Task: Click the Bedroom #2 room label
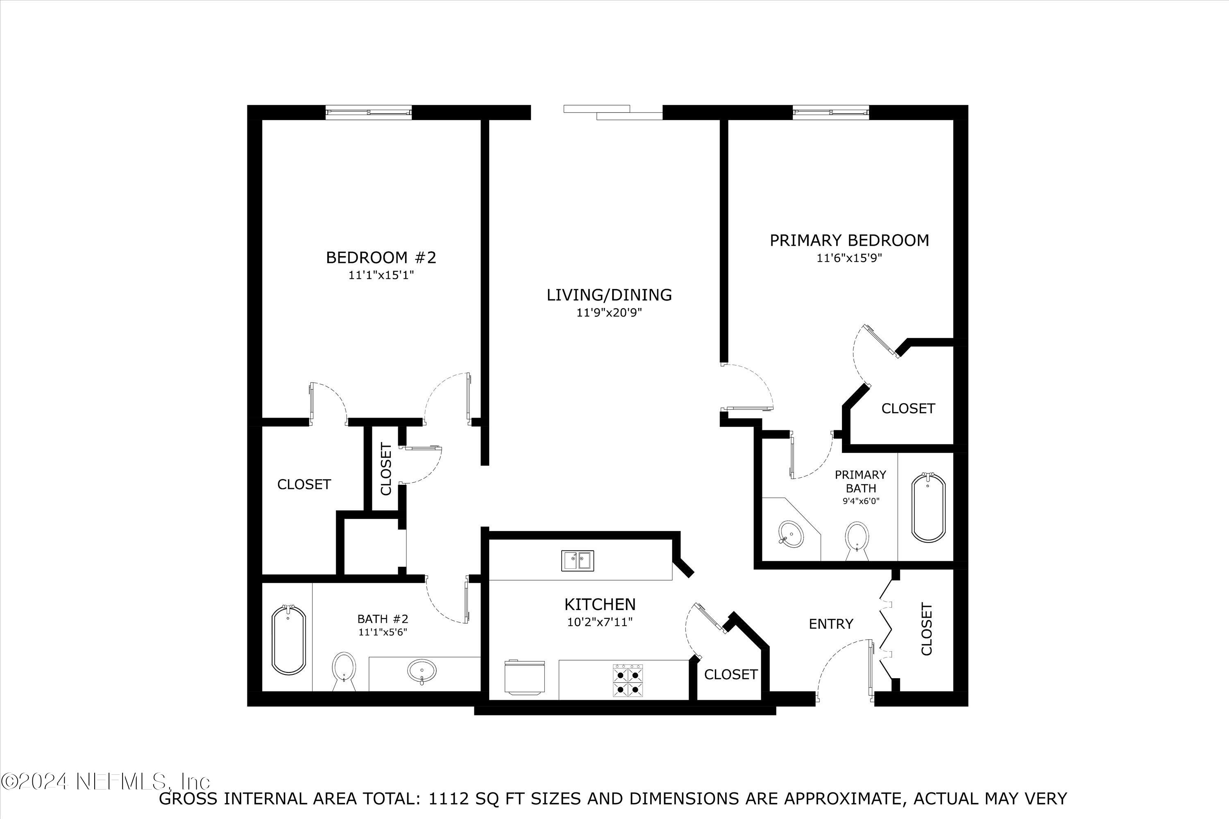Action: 381,258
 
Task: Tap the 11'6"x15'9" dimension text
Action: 849,258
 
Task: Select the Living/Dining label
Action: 609,295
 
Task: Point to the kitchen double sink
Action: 577,561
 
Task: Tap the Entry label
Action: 831,624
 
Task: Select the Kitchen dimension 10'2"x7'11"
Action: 600,622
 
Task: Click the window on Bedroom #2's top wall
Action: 368,112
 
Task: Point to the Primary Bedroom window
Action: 831,112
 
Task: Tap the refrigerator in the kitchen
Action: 524,678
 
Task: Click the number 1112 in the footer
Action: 444,798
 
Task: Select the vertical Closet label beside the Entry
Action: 926,629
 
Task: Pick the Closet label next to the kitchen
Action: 730,674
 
